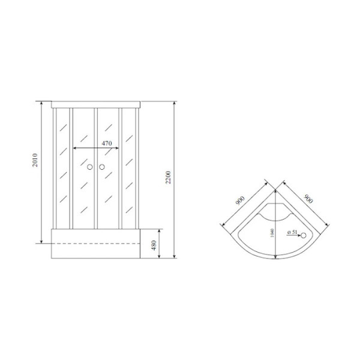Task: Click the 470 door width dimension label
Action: pyautogui.click(x=107, y=143)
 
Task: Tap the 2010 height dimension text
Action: pyautogui.click(x=35, y=160)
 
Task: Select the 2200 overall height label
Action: pyautogui.click(x=168, y=177)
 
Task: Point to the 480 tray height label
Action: pyautogui.click(x=154, y=245)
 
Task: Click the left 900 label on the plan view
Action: pyautogui.click(x=241, y=201)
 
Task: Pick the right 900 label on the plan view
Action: pyautogui.click(x=308, y=199)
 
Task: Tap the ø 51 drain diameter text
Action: pyautogui.click(x=292, y=232)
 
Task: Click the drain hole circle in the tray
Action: pyautogui.click(x=304, y=235)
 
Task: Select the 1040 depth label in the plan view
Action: pyautogui.click(x=272, y=233)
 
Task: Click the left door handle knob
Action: pyautogui.click(x=90, y=167)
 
